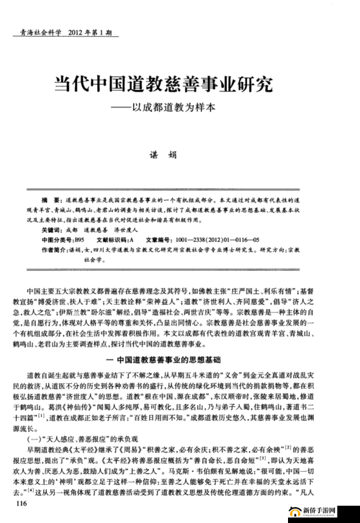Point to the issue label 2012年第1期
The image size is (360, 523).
(x=89, y=34)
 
